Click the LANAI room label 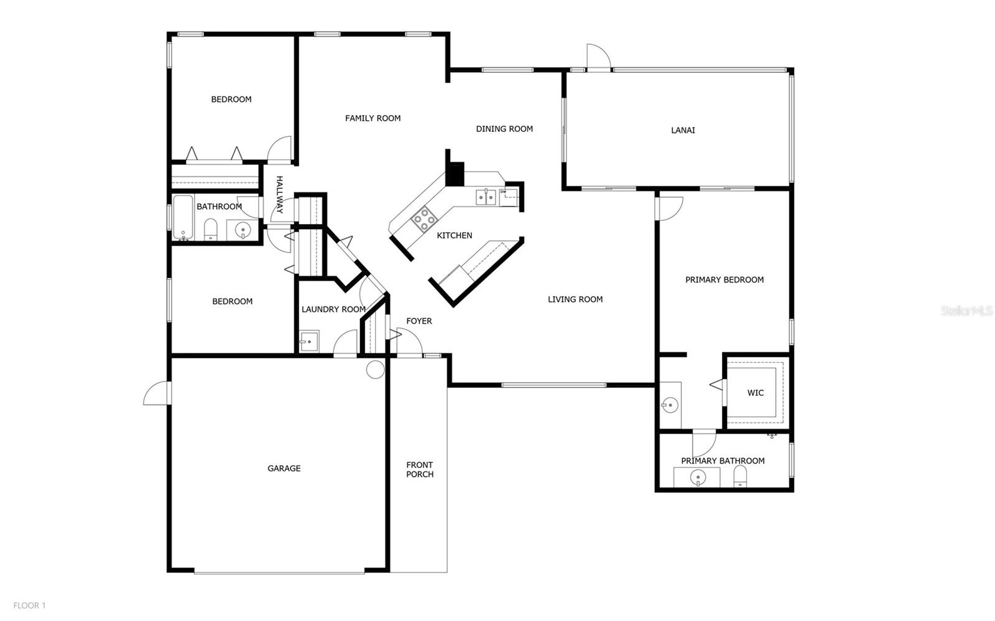pos(683,130)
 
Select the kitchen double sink pos(486,197)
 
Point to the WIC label pos(755,393)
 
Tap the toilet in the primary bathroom pos(740,477)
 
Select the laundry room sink pos(308,342)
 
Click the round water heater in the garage pos(375,370)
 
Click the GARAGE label pos(284,469)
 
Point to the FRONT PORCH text pos(419,469)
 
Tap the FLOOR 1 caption pos(30,605)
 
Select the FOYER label pos(419,321)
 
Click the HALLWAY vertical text pos(279,195)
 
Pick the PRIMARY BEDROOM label pos(724,280)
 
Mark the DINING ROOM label pos(504,129)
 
